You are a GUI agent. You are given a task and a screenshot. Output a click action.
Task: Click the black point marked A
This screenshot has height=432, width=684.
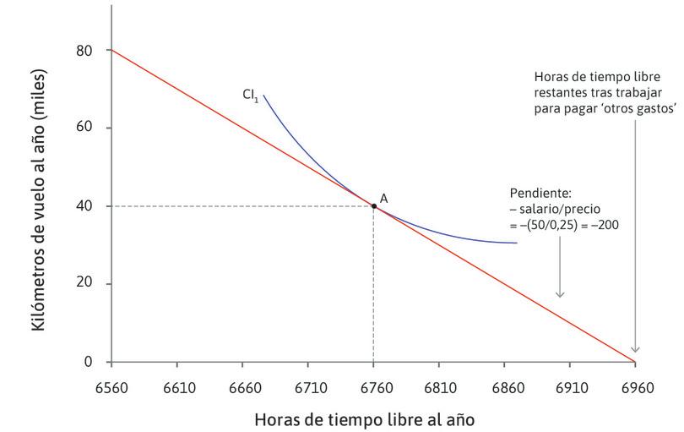pyautogui.click(x=373, y=205)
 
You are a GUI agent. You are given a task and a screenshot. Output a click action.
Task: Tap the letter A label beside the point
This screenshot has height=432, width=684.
pyautogui.click(x=383, y=198)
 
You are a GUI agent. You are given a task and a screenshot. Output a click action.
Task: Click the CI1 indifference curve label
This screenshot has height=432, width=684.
pyautogui.click(x=250, y=95)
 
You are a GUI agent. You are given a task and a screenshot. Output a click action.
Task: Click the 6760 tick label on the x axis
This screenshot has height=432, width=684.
pyautogui.click(x=373, y=389)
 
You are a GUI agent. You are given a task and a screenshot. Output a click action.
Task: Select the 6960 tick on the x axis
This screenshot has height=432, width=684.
pyautogui.click(x=636, y=389)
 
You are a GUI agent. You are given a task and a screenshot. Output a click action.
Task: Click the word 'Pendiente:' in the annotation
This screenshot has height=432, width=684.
pyautogui.click(x=536, y=193)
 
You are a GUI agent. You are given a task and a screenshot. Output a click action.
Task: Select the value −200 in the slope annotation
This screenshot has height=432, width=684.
pyautogui.click(x=601, y=226)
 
